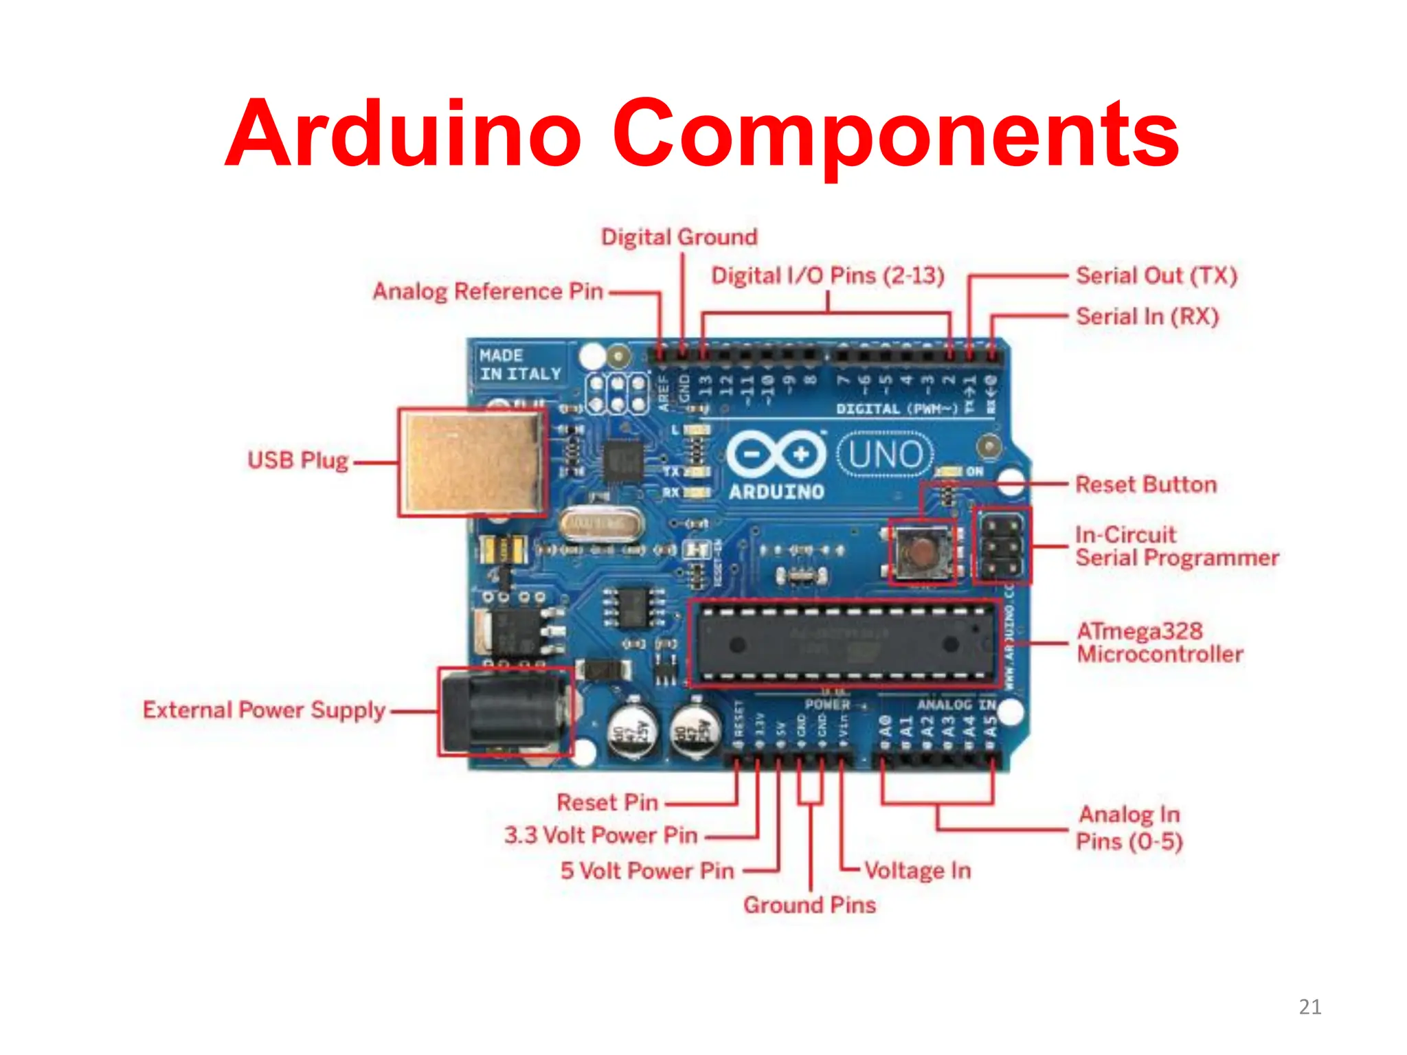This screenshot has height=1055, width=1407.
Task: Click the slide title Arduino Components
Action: pos(702,134)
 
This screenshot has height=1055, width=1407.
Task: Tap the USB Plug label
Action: pos(297,460)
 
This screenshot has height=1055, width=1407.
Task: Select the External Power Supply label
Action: pos(264,710)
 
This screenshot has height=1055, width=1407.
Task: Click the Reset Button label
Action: pos(1145,485)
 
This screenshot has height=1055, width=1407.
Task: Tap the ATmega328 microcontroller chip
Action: pos(845,644)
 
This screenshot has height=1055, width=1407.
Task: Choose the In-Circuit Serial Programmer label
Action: pos(1176,546)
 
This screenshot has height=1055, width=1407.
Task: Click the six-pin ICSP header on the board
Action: pos(1002,547)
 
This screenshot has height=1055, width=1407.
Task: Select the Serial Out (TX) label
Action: pos(1156,276)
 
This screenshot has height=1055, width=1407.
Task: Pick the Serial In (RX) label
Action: pos(1147,317)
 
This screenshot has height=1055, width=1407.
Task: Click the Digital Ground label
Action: pos(679,238)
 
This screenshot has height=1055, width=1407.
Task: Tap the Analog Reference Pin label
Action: pos(488,291)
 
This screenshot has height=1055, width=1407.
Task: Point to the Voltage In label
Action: pos(917,871)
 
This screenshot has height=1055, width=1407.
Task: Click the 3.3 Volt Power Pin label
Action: pos(601,835)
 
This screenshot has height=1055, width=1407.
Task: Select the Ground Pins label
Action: pos(809,905)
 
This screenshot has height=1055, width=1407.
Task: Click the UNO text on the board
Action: pos(886,455)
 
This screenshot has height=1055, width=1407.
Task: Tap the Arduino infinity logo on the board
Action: pos(776,455)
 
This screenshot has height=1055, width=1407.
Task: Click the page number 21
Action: pos(1309,1007)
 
